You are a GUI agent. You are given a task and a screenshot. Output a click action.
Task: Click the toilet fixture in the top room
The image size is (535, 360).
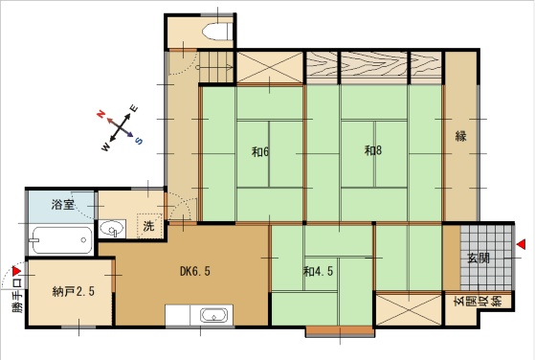point(217,32)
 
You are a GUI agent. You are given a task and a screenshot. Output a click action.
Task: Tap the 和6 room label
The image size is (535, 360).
point(260,152)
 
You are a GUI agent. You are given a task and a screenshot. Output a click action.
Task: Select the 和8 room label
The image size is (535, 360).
point(373,150)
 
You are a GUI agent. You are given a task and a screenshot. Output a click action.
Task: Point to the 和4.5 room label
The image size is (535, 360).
point(319,272)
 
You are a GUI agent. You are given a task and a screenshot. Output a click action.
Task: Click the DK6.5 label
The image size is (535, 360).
point(195,271)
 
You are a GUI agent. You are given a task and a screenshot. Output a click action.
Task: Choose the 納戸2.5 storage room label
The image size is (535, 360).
point(74,292)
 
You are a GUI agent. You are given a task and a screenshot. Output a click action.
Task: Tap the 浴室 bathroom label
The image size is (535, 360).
point(63,205)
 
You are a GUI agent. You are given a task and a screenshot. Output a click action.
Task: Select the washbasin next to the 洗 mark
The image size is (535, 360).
point(112,229)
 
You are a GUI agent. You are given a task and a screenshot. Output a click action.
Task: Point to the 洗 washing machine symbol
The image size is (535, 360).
point(148,226)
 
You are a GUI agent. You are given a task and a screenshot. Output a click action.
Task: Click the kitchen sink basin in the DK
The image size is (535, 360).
point(214,315)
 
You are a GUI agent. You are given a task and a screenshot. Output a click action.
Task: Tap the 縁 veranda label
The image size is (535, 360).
point(461,136)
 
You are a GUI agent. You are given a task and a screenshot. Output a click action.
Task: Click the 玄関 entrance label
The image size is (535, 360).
point(479,259)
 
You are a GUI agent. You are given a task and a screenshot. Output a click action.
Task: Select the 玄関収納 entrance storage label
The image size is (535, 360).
point(479,303)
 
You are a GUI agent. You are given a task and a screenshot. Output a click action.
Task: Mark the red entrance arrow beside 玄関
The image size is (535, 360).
point(521,244)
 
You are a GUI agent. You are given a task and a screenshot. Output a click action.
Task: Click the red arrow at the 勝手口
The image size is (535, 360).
point(16,271)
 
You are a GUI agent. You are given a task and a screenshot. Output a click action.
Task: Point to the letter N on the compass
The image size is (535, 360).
point(100,114)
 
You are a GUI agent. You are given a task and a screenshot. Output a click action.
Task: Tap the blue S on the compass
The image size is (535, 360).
point(139,141)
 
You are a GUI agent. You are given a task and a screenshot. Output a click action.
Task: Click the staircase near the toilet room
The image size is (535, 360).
point(215,67)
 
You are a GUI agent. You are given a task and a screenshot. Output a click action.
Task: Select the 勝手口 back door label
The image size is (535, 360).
point(18,296)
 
